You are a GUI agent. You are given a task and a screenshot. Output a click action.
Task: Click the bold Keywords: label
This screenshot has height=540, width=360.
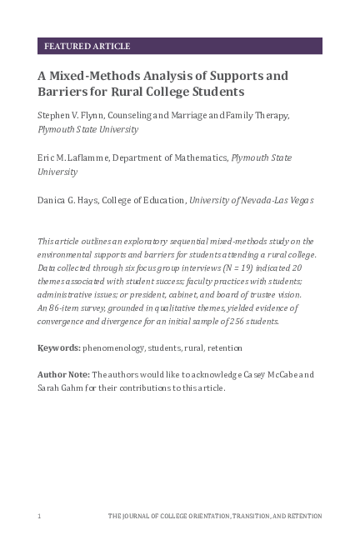click(x=58, y=347)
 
